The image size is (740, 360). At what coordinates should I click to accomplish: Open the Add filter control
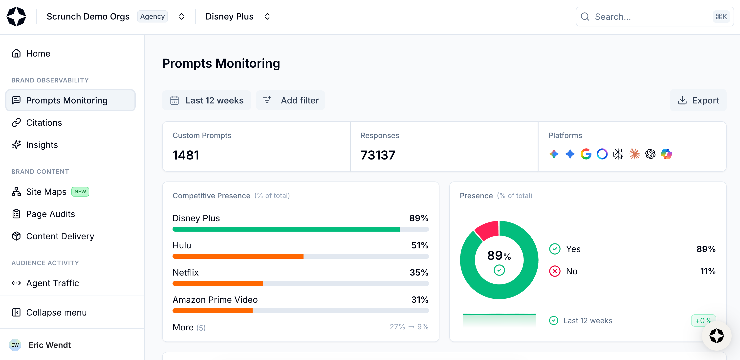pyautogui.click(x=291, y=100)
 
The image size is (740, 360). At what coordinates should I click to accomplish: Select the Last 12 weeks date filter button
pyautogui.click(x=207, y=100)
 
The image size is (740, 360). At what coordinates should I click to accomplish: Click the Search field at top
pyautogui.click(x=649, y=17)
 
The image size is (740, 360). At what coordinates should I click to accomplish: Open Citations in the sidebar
pyautogui.click(x=44, y=122)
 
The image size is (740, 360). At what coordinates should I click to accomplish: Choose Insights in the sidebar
pyautogui.click(x=42, y=145)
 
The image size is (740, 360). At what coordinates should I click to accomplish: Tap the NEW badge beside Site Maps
pyautogui.click(x=80, y=192)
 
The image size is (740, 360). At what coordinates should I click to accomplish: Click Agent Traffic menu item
pyautogui.click(x=53, y=283)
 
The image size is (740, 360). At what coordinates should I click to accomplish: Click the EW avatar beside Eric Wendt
pyautogui.click(x=15, y=345)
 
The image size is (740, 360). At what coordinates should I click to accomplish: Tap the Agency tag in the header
pyautogui.click(x=152, y=17)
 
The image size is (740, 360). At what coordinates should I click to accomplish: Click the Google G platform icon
pyautogui.click(x=586, y=154)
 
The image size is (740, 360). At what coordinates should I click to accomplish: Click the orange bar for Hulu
pyautogui.click(x=238, y=256)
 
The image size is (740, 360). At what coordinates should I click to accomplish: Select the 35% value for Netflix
pyautogui.click(x=419, y=272)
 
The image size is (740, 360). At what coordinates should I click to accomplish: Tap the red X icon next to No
pyautogui.click(x=555, y=271)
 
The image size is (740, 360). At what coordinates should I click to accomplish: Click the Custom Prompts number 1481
pyautogui.click(x=186, y=155)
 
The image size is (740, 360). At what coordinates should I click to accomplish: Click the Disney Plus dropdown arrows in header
pyautogui.click(x=267, y=17)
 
